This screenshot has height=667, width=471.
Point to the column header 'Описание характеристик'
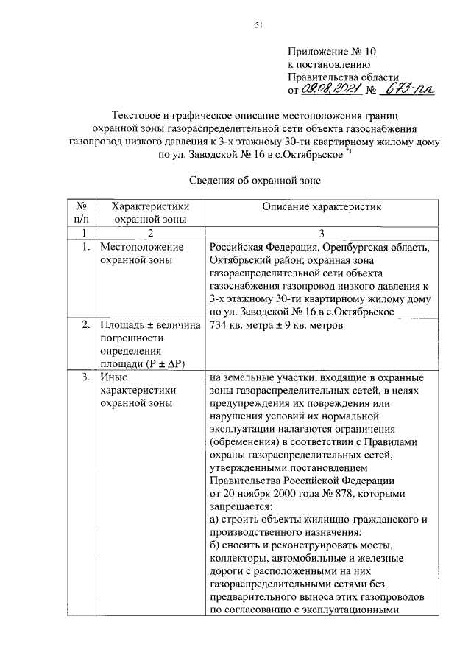click(x=322, y=208)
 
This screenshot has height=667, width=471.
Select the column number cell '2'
click(x=149, y=233)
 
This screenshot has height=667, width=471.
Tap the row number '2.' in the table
click(x=86, y=325)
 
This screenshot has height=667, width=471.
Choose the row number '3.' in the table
click(x=86, y=377)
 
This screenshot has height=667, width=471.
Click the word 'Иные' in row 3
click(x=114, y=377)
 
